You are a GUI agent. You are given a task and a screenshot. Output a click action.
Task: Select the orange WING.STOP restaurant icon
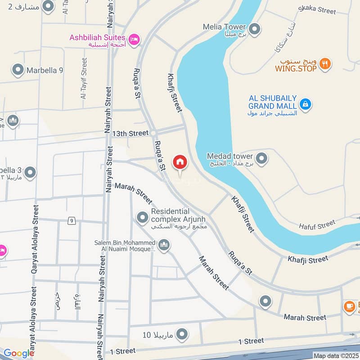coord(325,64)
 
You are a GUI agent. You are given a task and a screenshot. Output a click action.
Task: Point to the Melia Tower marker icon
coord(255,30)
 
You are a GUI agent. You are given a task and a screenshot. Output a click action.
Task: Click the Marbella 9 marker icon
coord(18,70)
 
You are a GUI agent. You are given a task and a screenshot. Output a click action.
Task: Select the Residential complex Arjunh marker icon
coord(143,218)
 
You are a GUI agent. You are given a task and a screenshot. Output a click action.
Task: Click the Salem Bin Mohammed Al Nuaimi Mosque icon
coord(164,245)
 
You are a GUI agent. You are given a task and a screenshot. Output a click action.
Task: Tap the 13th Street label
coord(130,134)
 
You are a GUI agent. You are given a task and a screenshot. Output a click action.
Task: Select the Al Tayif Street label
coord(84,78)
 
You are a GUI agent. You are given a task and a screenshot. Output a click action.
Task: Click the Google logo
coord(18,353)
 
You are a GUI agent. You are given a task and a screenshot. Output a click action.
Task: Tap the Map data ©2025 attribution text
coord(336,356)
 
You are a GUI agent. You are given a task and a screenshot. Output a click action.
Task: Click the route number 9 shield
coord(71,220)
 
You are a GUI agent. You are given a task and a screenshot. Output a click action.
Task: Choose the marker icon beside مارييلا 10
coord(182,334)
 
